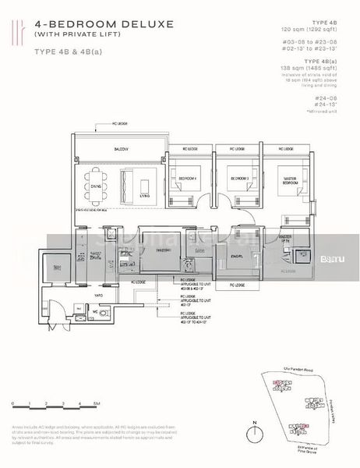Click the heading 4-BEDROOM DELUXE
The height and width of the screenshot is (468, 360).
pos(83,25)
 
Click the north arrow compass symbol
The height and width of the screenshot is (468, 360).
pos(256,432)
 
